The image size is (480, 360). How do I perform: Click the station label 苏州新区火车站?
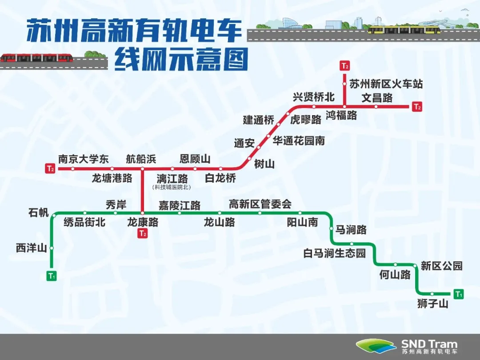point(386,83)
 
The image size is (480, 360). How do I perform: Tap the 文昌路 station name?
point(377,97)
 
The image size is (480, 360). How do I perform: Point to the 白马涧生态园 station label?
point(335,253)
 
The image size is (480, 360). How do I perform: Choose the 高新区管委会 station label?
point(260,204)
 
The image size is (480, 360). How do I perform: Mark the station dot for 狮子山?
point(432,293)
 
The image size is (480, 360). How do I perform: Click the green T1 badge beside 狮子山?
point(459,294)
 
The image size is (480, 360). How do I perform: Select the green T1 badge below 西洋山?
point(52,276)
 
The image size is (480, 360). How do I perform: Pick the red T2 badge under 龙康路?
point(142,234)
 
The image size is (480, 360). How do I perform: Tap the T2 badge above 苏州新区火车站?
point(344,66)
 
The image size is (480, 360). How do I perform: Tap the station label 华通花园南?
point(299,141)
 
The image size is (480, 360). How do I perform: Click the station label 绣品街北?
point(84,222)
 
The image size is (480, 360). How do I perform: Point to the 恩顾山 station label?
point(195,159)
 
